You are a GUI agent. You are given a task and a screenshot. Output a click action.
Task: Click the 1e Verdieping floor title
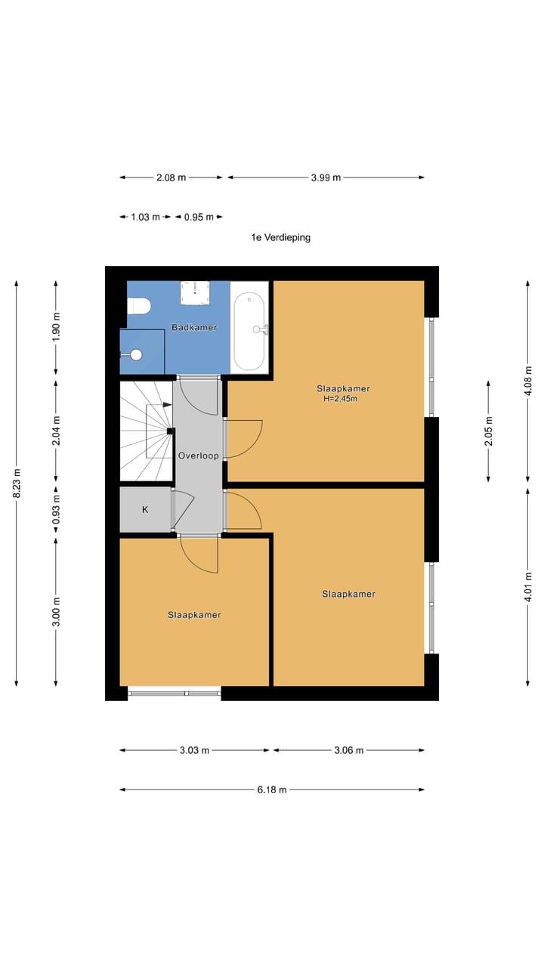[280, 237]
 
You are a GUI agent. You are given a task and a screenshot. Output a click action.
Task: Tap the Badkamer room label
[194, 327]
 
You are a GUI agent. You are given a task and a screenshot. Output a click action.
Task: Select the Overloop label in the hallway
[199, 456]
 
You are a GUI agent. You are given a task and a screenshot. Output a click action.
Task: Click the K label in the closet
[145, 510]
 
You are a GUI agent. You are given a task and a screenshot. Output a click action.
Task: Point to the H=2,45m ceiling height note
[340, 399]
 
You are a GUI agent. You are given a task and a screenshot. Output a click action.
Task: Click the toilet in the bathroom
[138, 306]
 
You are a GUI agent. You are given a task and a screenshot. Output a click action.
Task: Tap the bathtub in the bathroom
[249, 332]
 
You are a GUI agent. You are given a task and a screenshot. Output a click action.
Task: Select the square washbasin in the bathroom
[195, 293]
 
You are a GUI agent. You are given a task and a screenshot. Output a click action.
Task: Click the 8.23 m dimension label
[17, 483]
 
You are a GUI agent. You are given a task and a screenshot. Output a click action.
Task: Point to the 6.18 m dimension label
[272, 790]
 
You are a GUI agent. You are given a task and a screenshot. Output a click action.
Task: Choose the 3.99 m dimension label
[326, 178]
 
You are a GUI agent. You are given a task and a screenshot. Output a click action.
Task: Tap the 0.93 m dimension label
[56, 510]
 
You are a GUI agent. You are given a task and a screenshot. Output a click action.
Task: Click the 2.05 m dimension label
[489, 431]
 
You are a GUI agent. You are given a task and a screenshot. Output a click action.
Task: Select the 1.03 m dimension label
[146, 217]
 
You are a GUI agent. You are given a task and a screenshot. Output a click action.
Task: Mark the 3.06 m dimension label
[349, 750]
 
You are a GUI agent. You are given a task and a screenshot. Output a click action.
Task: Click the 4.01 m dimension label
[528, 586]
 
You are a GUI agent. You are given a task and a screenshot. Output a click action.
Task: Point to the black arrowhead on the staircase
[168, 405]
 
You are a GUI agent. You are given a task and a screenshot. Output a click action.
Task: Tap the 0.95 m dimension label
[199, 217]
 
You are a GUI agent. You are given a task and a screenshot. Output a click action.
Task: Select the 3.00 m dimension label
[56, 612]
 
